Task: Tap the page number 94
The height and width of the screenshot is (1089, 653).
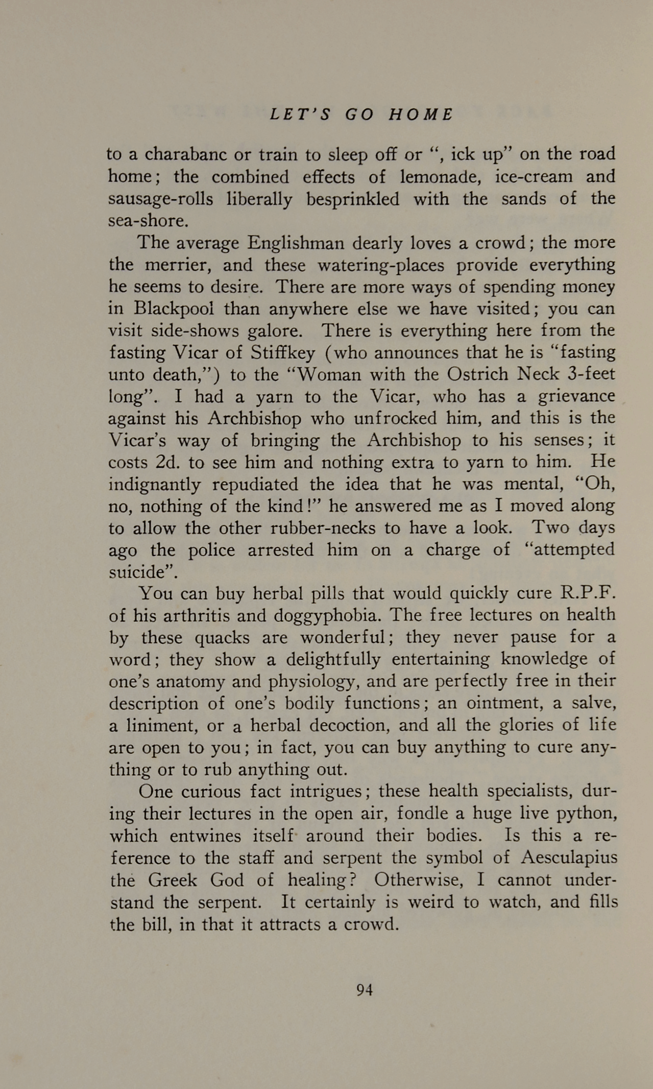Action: [364, 990]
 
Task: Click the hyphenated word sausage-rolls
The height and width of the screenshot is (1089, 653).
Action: [160, 199]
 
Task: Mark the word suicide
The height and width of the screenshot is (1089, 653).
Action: [141, 572]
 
